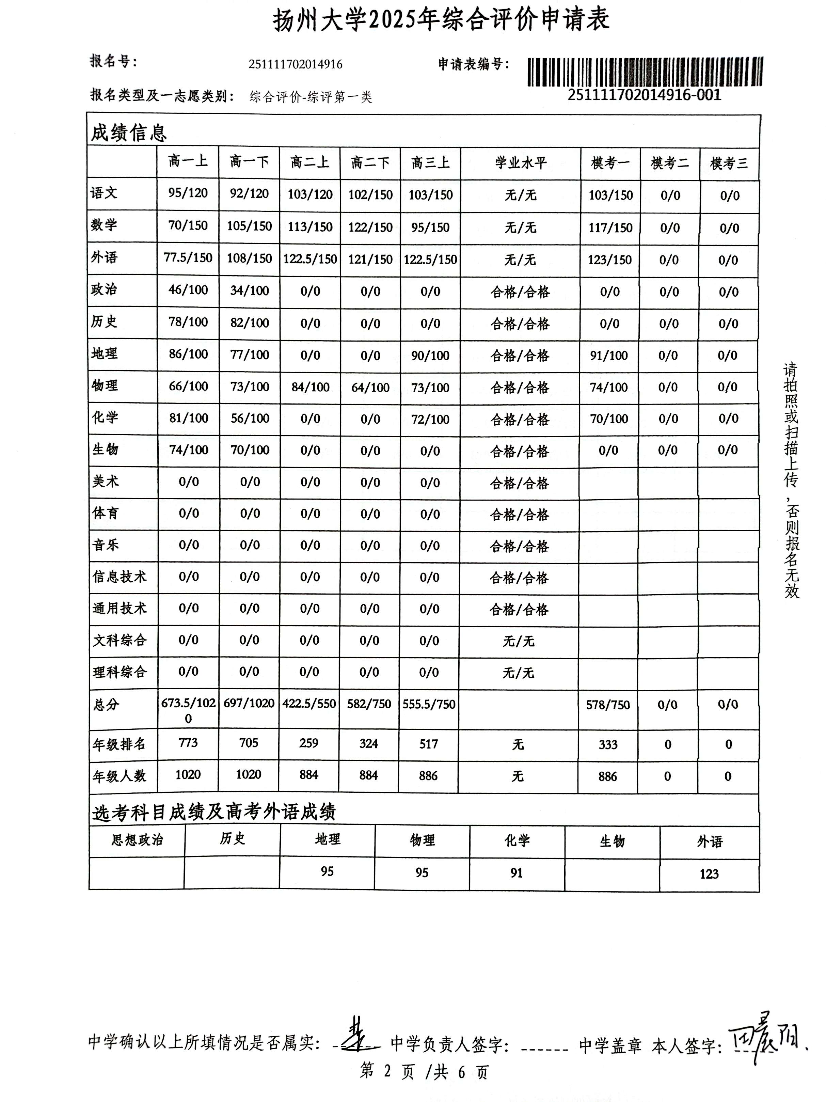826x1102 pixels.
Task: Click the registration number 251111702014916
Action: click(x=296, y=64)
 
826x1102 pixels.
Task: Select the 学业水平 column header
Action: click(x=520, y=162)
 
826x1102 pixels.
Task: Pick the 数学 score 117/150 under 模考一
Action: click(x=610, y=228)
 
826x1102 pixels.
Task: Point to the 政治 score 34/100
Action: click(x=249, y=290)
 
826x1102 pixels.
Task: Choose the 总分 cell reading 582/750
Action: click(x=369, y=704)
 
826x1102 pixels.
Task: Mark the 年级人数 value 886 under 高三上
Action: click(x=428, y=776)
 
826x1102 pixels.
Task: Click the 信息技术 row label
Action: click(x=120, y=577)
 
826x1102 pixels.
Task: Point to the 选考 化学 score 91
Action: click(x=517, y=872)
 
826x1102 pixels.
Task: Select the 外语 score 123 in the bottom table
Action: click(x=709, y=873)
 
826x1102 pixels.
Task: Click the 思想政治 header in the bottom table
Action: click(x=137, y=839)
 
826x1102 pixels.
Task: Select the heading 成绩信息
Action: click(x=129, y=132)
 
